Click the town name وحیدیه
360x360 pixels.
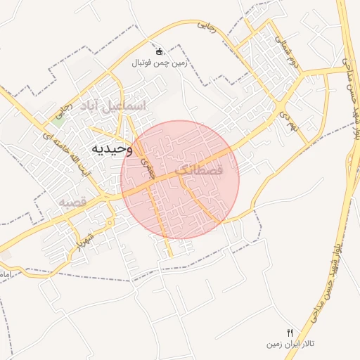pos(113,149)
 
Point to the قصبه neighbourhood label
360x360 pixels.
pos(72,202)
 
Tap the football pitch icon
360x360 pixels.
pos(160,51)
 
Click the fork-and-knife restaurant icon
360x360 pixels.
pos(289,332)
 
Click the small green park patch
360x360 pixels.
pos(58,117)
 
